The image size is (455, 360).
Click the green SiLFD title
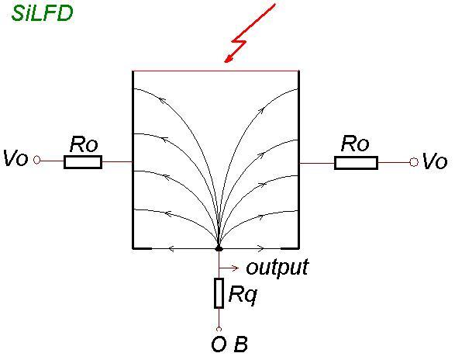42,13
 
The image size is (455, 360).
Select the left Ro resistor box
83,162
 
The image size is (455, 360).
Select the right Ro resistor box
356,163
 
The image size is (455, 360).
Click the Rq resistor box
219,292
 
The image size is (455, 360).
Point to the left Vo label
16,158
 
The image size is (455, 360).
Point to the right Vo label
435,161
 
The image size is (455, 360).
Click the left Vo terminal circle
36,160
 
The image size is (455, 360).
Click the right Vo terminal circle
414,162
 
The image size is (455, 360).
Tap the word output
277,268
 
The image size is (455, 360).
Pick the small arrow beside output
229,268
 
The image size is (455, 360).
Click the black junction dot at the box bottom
219,249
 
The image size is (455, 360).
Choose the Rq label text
243,296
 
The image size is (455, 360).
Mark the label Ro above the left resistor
84,144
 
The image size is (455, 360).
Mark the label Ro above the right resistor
355,144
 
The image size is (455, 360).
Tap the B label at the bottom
241,344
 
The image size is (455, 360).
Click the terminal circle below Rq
219,329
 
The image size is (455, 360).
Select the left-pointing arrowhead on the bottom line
171,249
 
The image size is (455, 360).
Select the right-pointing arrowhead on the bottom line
261,249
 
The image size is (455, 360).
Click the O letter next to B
219,344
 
